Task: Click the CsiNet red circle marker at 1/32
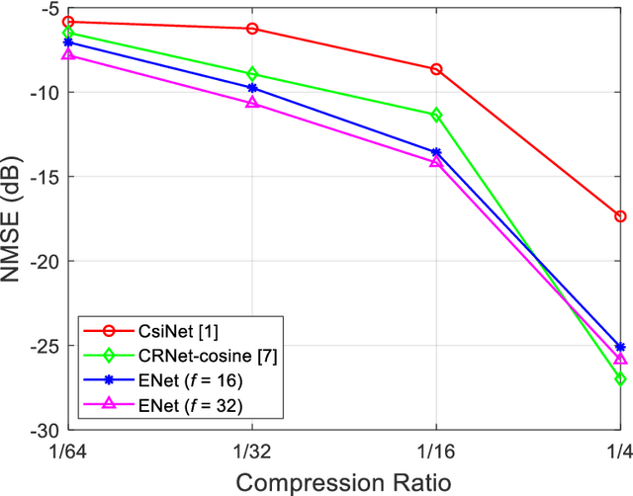[252, 29]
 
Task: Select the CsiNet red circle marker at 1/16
[436, 69]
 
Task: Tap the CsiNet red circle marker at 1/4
[620, 215]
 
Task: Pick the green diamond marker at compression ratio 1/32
[252, 74]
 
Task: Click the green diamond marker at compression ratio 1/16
[436, 115]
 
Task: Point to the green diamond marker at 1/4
[620, 378]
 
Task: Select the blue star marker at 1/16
[436, 152]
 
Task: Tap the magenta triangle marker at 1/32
[252, 102]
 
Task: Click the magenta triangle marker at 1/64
[68, 54]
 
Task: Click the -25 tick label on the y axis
[45, 347]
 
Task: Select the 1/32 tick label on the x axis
[252, 450]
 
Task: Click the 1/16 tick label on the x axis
[436, 450]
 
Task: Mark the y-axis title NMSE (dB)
[14, 219]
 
